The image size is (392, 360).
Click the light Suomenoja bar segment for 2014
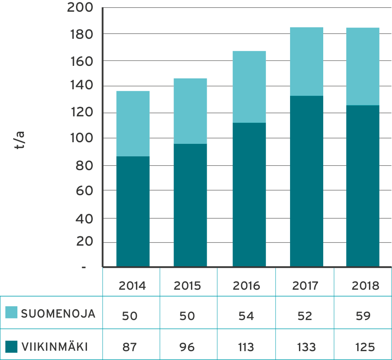coord(133,124)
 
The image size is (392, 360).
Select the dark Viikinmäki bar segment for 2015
coord(190,205)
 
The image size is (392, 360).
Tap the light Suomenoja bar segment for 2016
coord(249,87)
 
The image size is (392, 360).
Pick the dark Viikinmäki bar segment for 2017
coord(307,181)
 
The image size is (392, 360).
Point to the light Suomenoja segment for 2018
coord(363,66)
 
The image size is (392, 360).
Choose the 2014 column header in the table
coord(132,286)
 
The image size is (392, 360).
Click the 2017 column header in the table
coord(305,286)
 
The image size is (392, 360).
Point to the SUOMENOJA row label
coord(58,314)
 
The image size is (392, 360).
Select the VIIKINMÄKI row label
coord(54,347)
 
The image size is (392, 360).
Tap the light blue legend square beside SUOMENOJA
coord(11,312)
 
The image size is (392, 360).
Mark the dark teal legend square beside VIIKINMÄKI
coord(11,347)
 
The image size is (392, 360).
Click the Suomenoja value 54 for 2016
coord(246,316)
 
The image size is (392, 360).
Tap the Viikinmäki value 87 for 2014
coord(130,347)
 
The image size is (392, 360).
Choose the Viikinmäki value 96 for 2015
coord(187,347)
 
